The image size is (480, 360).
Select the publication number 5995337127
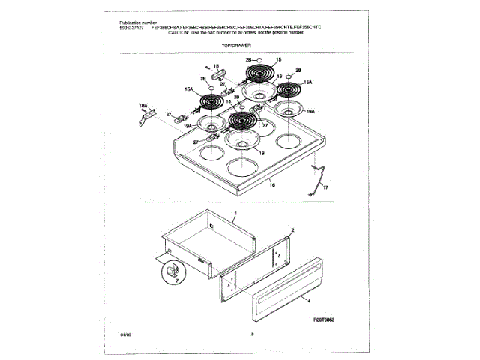(x=133, y=28)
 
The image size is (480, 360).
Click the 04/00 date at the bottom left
(x=124, y=333)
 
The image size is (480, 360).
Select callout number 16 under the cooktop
(x=273, y=184)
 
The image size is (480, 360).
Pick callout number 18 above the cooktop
(x=215, y=67)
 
